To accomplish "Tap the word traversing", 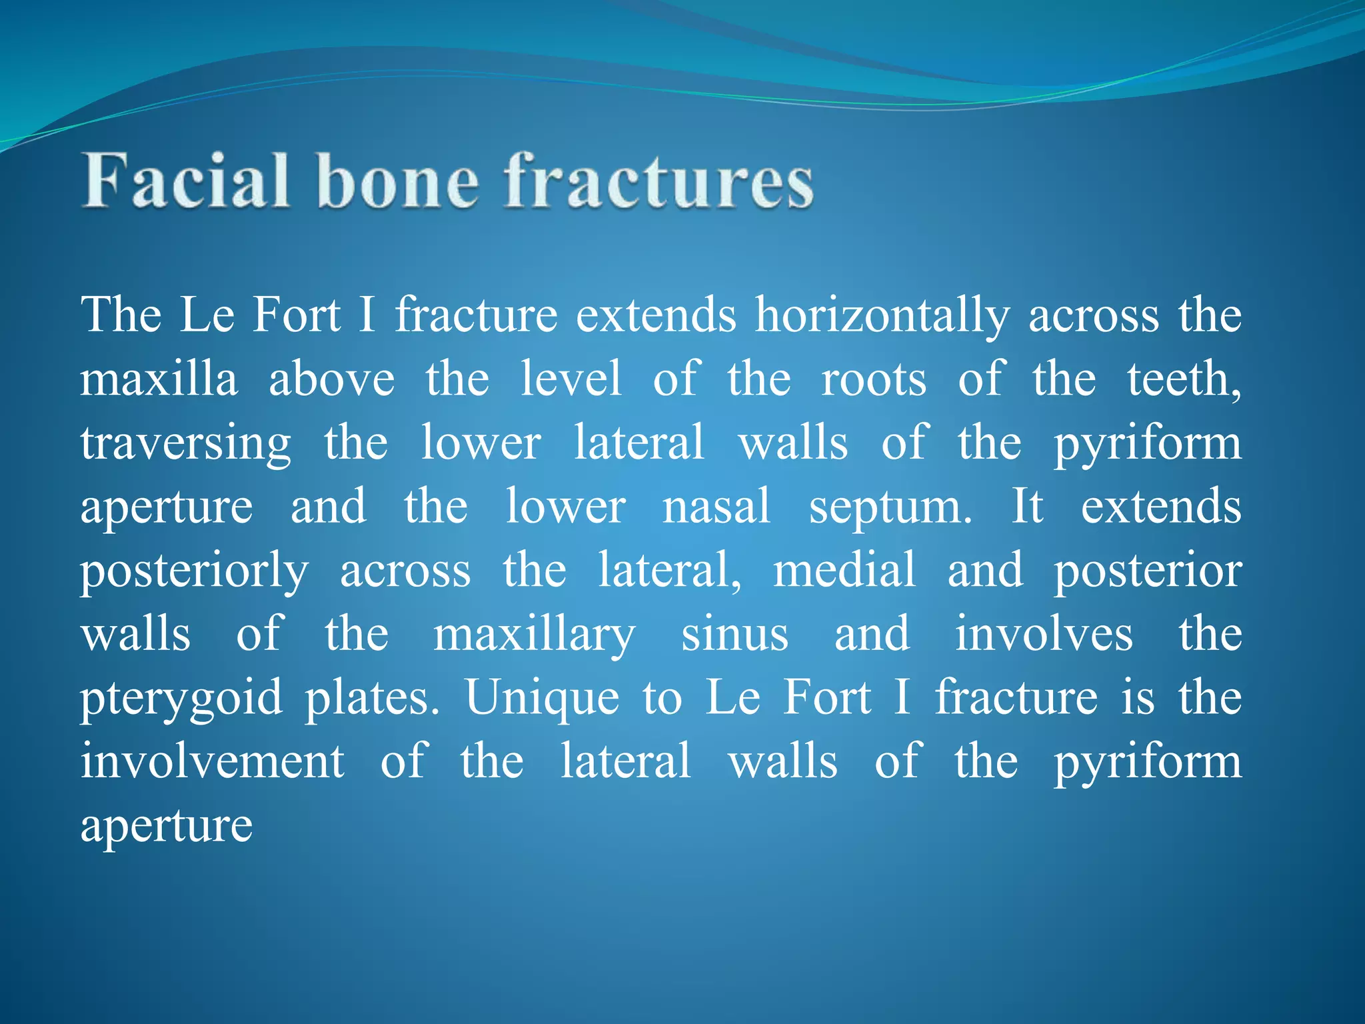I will [x=186, y=443].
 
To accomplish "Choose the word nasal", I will [x=716, y=507].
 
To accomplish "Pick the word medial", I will [x=844, y=570].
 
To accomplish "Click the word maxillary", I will [x=535, y=635].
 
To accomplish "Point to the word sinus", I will [x=734, y=634].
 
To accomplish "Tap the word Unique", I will [x=542, y=698].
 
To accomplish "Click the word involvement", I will [x=213, y=761].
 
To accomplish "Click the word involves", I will [x=1044, y=634].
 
